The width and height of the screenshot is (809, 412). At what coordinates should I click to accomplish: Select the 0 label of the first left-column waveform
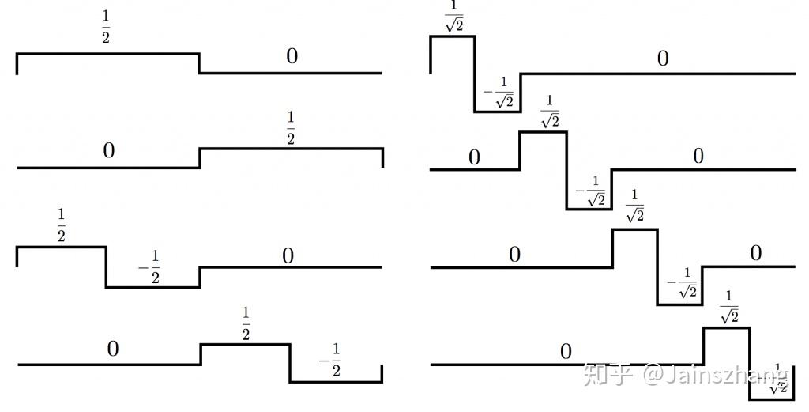point(292,56)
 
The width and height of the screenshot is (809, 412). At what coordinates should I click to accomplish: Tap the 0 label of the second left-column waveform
point(109,150)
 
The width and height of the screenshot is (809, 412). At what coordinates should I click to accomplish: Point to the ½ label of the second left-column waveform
point(290,128)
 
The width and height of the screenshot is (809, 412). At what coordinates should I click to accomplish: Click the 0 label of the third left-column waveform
point(288,255)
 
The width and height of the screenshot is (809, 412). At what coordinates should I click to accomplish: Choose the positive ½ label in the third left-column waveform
point(61,225)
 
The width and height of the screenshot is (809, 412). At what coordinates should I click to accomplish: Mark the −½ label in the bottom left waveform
point(330,360)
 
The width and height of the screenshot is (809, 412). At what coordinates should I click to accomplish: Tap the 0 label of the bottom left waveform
point(113,349)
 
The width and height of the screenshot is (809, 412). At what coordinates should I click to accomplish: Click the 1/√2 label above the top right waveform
point(453,17)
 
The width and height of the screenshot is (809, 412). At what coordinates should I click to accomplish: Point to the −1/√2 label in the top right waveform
point(499,93)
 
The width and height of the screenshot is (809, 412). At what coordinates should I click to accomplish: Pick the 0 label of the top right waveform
point(663,58)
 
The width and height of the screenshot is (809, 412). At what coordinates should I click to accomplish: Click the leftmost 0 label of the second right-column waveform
point(474,157)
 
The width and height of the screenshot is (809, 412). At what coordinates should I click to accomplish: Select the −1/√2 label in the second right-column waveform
point(591,191)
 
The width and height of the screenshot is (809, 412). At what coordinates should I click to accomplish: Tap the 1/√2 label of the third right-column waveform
point(634,206)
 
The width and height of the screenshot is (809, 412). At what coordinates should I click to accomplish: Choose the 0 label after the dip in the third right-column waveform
point(755,253)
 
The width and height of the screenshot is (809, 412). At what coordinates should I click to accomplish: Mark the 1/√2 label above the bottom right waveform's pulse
point(728,307)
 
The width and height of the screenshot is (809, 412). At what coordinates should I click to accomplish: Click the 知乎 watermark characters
point(608,372)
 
